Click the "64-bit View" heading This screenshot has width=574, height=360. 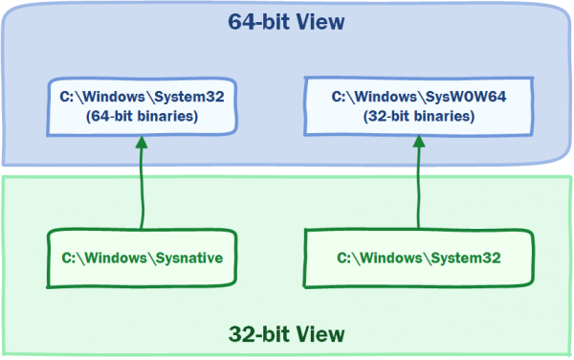pyautogui.click(x=287, y=21)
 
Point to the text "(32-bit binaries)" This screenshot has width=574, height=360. pyautogui.click(x=417, y=116)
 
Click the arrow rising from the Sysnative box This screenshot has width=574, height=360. pyautogui.click(x=142, y=187)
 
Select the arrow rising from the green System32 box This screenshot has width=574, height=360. pyautogui.click(x=417, y=187)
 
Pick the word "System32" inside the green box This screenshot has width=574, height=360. pyautogui.click(x=465, y=258)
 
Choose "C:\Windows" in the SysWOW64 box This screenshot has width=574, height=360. pyautogui.click(x=371, y=97)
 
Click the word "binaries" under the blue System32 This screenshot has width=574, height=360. pyautogui.click(x=160, y=116)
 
